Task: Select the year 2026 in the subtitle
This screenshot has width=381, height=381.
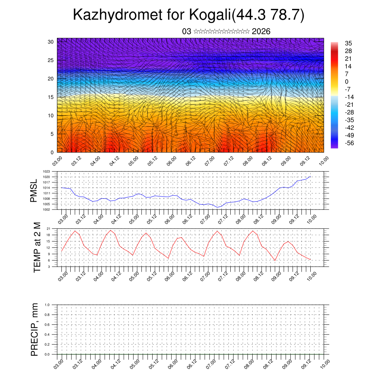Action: (261, 32)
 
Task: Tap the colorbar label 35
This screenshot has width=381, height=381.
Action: (348, 43)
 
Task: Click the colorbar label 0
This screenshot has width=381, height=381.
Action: (347, 81)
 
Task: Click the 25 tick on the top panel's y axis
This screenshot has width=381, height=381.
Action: (51, 60)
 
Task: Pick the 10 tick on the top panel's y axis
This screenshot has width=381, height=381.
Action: (51, 115)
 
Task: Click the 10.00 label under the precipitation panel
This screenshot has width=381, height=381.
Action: (324, 364)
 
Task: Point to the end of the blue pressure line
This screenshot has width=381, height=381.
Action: (310, 176)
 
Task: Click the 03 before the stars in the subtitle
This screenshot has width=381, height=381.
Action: (187, 32)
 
